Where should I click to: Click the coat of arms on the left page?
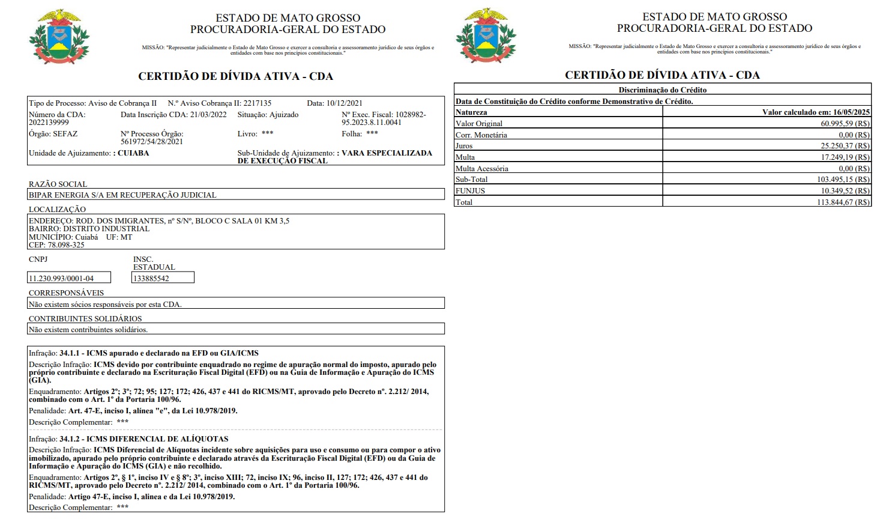pos(55,37)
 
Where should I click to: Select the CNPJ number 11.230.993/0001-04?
pos(61,278)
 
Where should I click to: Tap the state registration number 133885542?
pos(151,278)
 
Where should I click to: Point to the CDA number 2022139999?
pos(48,123)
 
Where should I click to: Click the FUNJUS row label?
pos(470,191)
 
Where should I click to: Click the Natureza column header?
pos(471,112)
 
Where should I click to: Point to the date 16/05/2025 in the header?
pos(851,112)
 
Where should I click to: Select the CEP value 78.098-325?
pos(66,245)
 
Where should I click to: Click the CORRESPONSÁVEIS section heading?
pos(66,293)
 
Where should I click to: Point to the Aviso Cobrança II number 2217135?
pos(257,103)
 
